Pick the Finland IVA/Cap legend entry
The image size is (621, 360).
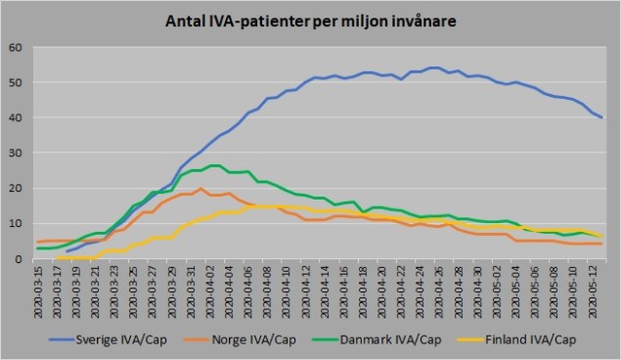(518, 339)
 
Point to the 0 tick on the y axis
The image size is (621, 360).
(19, 258)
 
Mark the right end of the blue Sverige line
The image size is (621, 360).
(601, 117)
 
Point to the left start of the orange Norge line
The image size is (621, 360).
(37, 242)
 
